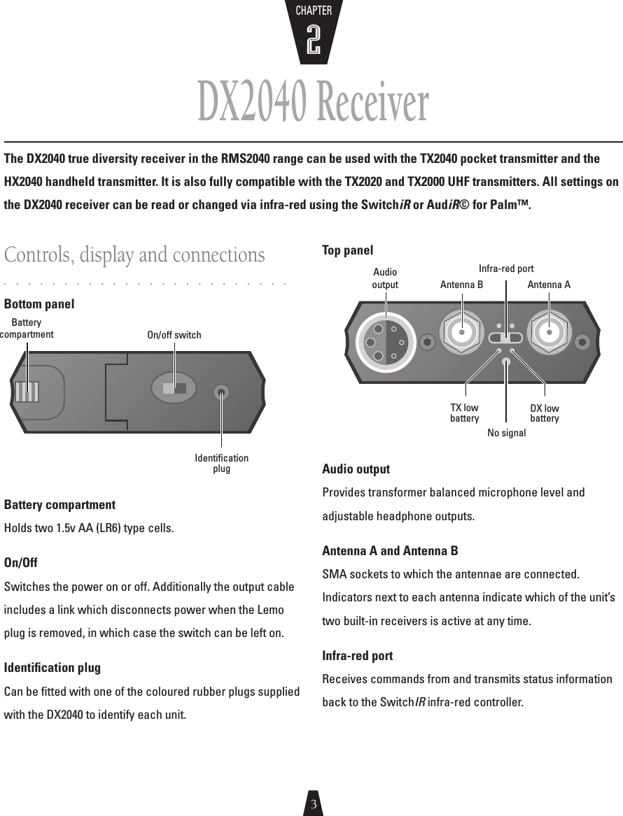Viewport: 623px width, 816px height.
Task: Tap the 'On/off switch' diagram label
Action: (174, 335)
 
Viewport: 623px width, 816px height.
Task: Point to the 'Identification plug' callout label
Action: (221, 464)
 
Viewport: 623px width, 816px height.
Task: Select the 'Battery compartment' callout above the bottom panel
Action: (27, 329)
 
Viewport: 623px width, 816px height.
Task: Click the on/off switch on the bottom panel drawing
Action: (174, 389)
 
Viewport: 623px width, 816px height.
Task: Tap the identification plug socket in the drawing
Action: (221, 392)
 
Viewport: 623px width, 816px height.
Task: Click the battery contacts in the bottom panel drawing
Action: (27, 391)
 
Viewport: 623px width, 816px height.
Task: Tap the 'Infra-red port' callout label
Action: (506, 269)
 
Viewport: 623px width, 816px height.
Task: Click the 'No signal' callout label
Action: (506, 434)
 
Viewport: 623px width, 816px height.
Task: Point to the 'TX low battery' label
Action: (464, 413)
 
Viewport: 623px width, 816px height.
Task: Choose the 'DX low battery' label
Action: (545, 413)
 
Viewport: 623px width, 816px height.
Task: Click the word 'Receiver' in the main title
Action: (370, 103)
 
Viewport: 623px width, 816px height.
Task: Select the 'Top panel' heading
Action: (347, 250)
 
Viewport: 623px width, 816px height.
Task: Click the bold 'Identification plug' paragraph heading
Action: (52, 668)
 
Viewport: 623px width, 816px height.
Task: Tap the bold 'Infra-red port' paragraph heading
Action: (357, 656)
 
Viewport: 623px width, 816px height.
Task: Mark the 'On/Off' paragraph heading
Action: (21, 563)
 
